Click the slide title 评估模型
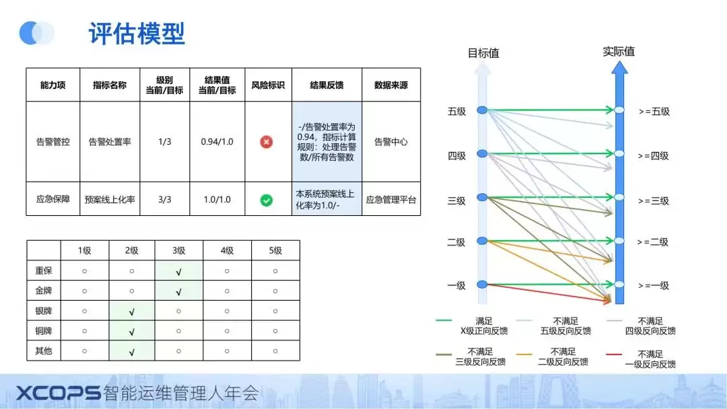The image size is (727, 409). click(x=137, y=32)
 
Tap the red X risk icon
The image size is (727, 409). click(x=267, y=142)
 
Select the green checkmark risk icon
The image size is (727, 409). click(x=267, y=200)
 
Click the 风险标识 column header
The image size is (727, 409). click(x=268, y=85)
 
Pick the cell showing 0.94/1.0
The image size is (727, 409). click(x=217, y=142)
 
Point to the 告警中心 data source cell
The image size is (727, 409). click(x=390, y=142)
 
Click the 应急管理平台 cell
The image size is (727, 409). click(x=390, y=200)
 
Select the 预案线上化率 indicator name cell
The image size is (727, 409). click(x=110, y=200)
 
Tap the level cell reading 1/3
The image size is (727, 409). click(x=164, y=142)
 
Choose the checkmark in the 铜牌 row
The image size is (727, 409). click(x=131, y=331)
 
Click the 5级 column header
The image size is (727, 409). click(x=275, y=251)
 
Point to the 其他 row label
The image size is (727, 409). click(x=44, y=351)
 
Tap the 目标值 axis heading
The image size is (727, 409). click(x=483, y=53)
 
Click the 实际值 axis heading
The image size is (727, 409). click(x=619, y=51)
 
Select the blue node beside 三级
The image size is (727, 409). click(x=482, y=197)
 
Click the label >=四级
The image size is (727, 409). click(x=654, y=156)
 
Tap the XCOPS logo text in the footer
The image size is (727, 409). click(x=58, y=393)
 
